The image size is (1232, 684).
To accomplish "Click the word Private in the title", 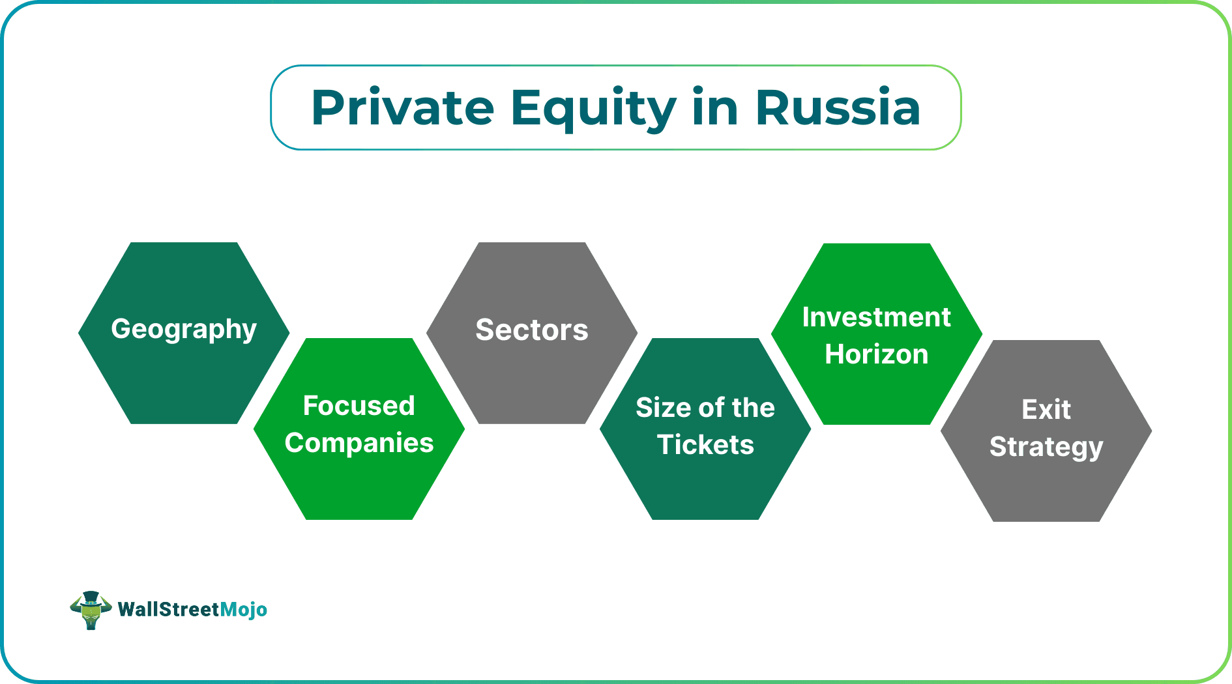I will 402,107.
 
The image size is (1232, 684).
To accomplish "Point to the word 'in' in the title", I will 715,107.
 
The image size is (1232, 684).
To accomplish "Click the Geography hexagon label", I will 184,330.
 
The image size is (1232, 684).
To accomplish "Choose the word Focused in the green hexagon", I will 359,406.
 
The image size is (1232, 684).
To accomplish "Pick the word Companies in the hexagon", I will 359,443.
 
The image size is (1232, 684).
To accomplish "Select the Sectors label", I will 532,330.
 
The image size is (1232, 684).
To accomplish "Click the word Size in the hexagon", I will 662,408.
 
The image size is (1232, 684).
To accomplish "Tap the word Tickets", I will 705,445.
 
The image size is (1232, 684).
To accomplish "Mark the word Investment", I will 876,317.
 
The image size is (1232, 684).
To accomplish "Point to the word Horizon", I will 876,354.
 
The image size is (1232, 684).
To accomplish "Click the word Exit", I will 1046,410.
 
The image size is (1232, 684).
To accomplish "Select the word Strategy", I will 1046,448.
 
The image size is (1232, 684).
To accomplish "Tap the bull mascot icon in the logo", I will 91,610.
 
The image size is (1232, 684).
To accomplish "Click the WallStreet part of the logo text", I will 169,610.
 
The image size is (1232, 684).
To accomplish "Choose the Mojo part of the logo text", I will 244,610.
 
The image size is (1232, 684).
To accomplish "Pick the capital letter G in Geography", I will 122,329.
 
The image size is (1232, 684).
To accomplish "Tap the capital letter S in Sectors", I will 486,330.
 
